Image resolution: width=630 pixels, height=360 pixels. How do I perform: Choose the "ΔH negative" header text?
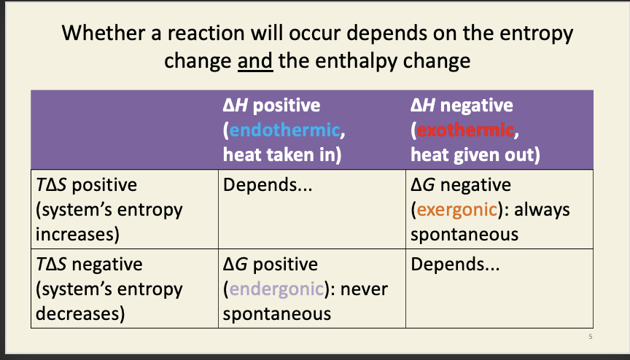point(462,106)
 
